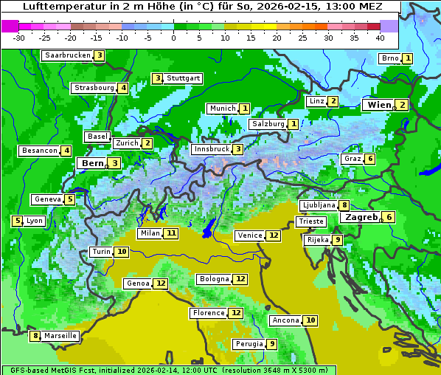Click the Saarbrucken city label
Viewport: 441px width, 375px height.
67,55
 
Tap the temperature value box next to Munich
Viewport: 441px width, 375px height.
244,109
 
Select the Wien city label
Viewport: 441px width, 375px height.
379,105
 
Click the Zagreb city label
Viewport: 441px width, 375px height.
361,217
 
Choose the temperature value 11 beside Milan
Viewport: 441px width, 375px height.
171,233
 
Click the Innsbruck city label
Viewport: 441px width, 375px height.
211,149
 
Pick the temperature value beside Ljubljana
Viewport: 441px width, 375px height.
344,205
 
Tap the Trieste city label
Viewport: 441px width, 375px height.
310,221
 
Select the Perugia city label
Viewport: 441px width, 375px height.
249,344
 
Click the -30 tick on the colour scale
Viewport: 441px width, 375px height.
19,38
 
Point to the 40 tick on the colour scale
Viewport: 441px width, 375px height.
380,38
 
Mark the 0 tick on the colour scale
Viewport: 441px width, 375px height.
174,38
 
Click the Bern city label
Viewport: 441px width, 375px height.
93,163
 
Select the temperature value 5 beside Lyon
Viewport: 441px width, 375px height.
17,221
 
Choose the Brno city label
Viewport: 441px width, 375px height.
389,58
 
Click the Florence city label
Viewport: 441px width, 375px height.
209,313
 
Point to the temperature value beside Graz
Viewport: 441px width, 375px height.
369,159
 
